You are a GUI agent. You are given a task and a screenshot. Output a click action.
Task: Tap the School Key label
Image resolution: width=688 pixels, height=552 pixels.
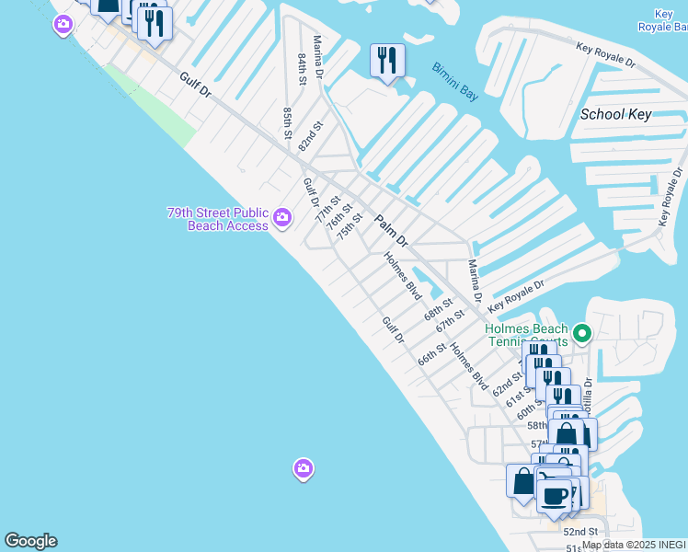[x=615, y=114]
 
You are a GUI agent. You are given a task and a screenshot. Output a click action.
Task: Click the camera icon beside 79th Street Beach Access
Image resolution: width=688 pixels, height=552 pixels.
[x=282, y=219]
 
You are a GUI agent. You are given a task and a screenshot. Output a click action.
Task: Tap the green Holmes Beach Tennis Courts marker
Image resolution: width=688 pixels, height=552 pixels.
[x=581, y=333]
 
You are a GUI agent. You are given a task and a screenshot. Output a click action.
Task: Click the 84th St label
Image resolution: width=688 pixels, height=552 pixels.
[x=302, y=69]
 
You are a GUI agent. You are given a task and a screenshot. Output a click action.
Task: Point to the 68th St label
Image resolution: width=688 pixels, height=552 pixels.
[x=438, y=308]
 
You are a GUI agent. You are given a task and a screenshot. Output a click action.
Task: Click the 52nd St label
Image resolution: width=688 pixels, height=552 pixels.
[x=580, y=532]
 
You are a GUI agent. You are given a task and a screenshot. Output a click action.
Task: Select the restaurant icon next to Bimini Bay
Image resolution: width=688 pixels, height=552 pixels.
[x=387, y=61]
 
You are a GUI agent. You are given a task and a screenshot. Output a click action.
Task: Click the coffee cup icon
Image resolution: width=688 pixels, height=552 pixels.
[x=554, y=496]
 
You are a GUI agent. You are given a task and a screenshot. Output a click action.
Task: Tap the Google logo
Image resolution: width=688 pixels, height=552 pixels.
[x=30, y=541]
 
